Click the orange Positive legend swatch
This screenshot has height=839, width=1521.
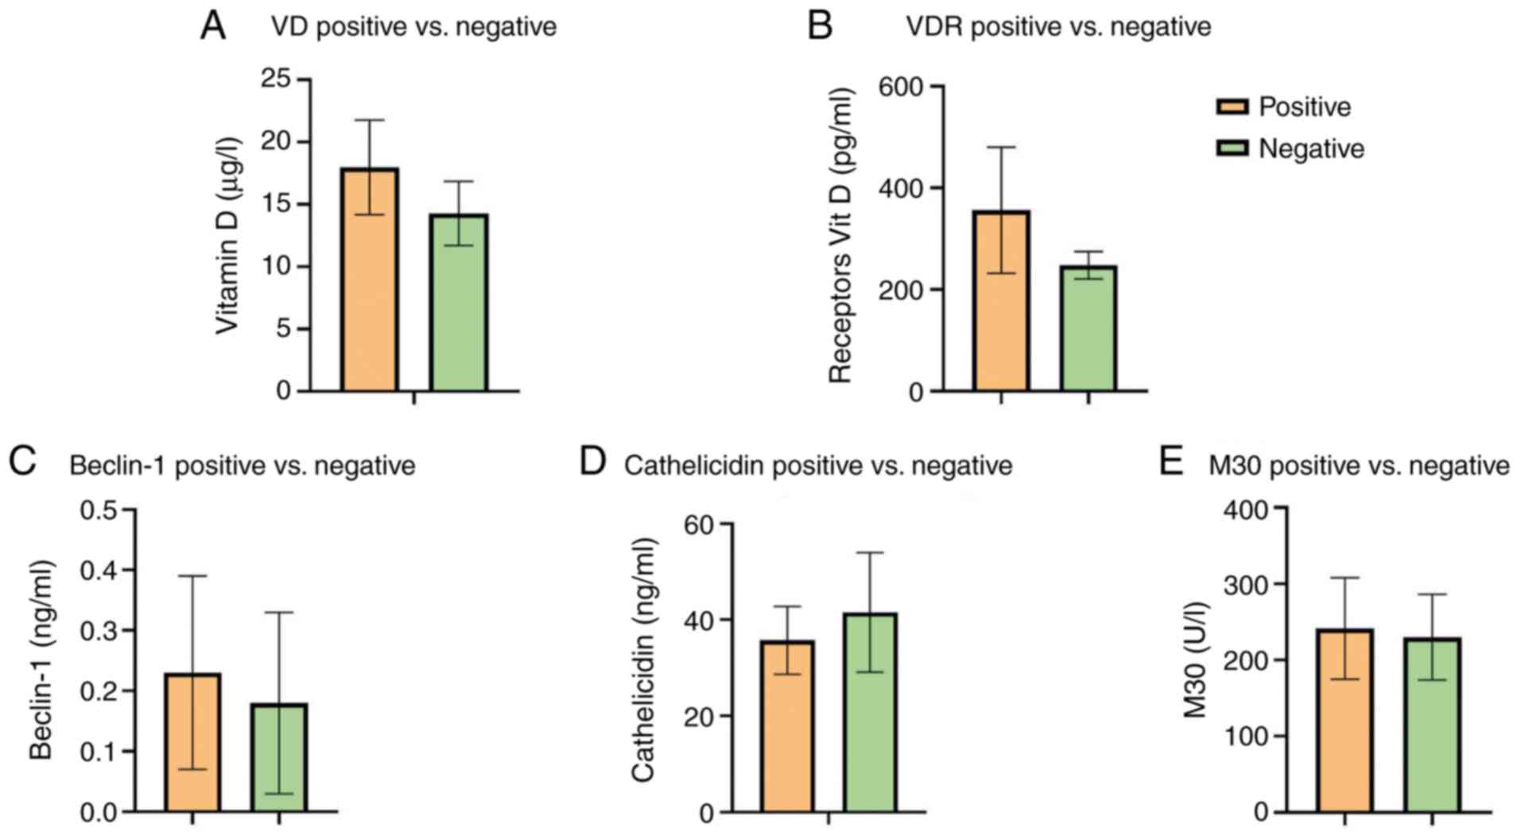(1232, 106)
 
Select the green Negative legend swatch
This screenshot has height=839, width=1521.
(1232, 149)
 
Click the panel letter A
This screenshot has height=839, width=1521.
(213, 26)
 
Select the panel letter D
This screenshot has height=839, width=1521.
(593, 462)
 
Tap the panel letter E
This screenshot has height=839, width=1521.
(1171, 462)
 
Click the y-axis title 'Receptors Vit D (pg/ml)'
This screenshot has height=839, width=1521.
(840, 236)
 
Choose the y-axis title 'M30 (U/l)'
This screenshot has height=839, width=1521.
(1196, 659)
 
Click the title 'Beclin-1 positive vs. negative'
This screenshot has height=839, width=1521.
(243, 466)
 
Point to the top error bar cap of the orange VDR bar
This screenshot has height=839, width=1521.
(1001, 147)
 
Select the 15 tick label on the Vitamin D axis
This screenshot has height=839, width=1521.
(276, 204)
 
